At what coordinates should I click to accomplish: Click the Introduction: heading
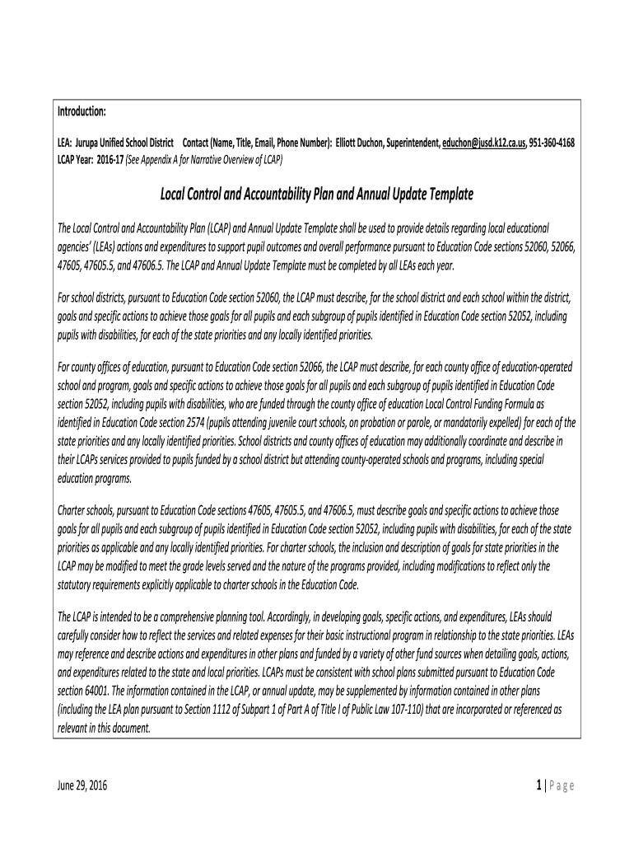[81, 111]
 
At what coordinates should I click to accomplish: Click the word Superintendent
[414, 143]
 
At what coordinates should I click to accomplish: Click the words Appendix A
[165, 157]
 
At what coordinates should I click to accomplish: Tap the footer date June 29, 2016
[82, 785]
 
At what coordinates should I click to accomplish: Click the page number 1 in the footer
[536, 785]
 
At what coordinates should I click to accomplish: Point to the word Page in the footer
[560, 785]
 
